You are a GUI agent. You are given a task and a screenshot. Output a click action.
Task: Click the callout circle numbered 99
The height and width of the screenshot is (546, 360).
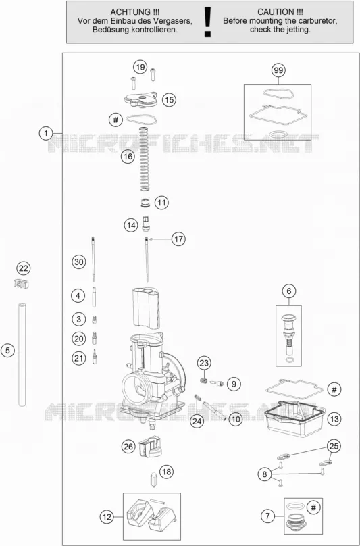278,70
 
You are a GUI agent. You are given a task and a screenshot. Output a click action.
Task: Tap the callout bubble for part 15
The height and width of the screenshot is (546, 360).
170,100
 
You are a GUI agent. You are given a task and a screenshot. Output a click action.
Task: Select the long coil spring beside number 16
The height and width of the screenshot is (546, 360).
144,159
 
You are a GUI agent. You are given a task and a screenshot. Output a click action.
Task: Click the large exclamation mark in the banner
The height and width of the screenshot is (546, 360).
208,22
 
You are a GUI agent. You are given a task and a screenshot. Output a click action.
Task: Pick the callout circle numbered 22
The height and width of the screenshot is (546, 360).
24,268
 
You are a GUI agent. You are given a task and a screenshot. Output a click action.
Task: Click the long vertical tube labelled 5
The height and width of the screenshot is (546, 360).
22,354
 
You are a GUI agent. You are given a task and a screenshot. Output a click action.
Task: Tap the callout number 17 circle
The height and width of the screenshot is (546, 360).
178,239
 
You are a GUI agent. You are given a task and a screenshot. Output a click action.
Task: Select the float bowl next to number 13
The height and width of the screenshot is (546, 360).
294,419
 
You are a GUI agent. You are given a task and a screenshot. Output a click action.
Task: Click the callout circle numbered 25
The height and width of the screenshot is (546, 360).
334,446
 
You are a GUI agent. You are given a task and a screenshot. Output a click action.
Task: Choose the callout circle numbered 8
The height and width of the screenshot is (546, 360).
265,474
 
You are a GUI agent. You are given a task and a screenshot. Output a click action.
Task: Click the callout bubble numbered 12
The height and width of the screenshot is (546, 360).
107,517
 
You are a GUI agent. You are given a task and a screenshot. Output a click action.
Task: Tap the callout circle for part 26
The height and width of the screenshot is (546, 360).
128,447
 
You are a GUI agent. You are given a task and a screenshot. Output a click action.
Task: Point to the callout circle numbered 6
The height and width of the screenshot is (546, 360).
289,291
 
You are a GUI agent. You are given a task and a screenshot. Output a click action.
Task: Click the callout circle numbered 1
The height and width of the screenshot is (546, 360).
46,133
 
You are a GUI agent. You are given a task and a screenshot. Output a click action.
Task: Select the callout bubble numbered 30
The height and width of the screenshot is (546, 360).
79,262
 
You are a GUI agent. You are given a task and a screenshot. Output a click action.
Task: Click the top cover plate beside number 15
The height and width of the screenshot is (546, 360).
141,100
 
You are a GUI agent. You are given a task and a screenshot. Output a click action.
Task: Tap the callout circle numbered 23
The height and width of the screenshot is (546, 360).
204,364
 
